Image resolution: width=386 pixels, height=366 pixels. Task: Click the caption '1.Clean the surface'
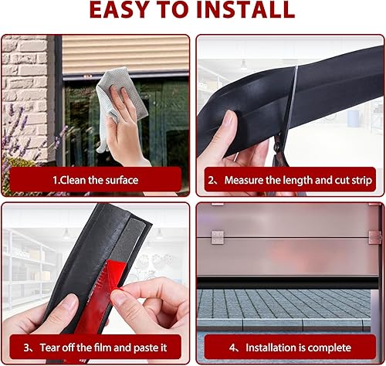pos(96,180)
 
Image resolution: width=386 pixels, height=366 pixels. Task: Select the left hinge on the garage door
pos(218,237)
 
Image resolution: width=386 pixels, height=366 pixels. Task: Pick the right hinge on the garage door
pos(374,237)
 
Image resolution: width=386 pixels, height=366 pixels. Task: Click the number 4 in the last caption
pos(232,347)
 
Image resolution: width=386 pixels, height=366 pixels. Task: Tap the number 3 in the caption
pos(26,347)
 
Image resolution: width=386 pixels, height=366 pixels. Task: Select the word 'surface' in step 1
pos(122,180)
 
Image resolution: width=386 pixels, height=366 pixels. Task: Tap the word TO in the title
pos(174,9)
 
